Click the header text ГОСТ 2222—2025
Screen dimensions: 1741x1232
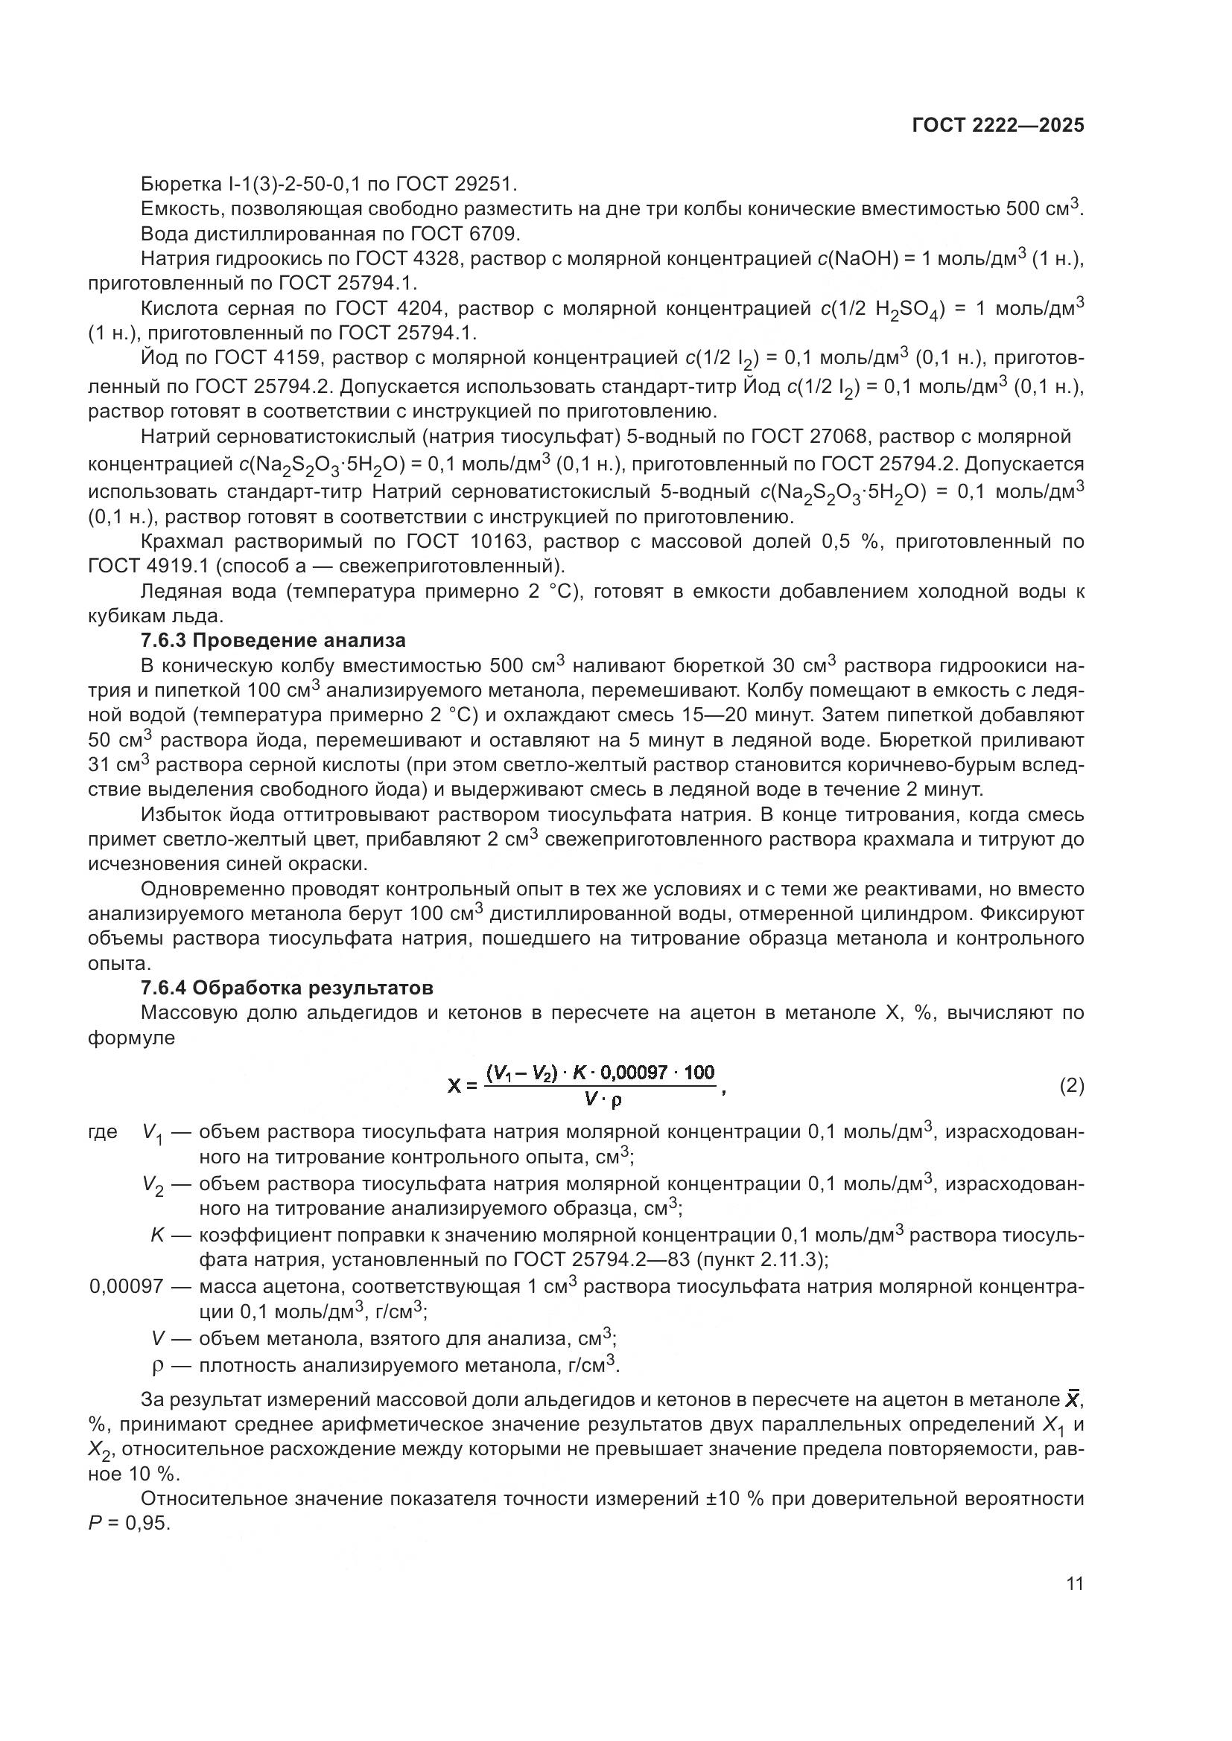(997, 125)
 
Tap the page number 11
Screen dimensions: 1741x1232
(1074, 1584)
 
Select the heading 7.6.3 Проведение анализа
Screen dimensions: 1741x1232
(273, 640)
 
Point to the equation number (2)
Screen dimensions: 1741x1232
(1071, 1086)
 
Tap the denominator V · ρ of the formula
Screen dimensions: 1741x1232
(603, 1099)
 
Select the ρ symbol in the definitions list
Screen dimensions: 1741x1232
(158, 1367)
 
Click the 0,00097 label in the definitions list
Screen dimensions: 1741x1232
(126, 1287)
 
